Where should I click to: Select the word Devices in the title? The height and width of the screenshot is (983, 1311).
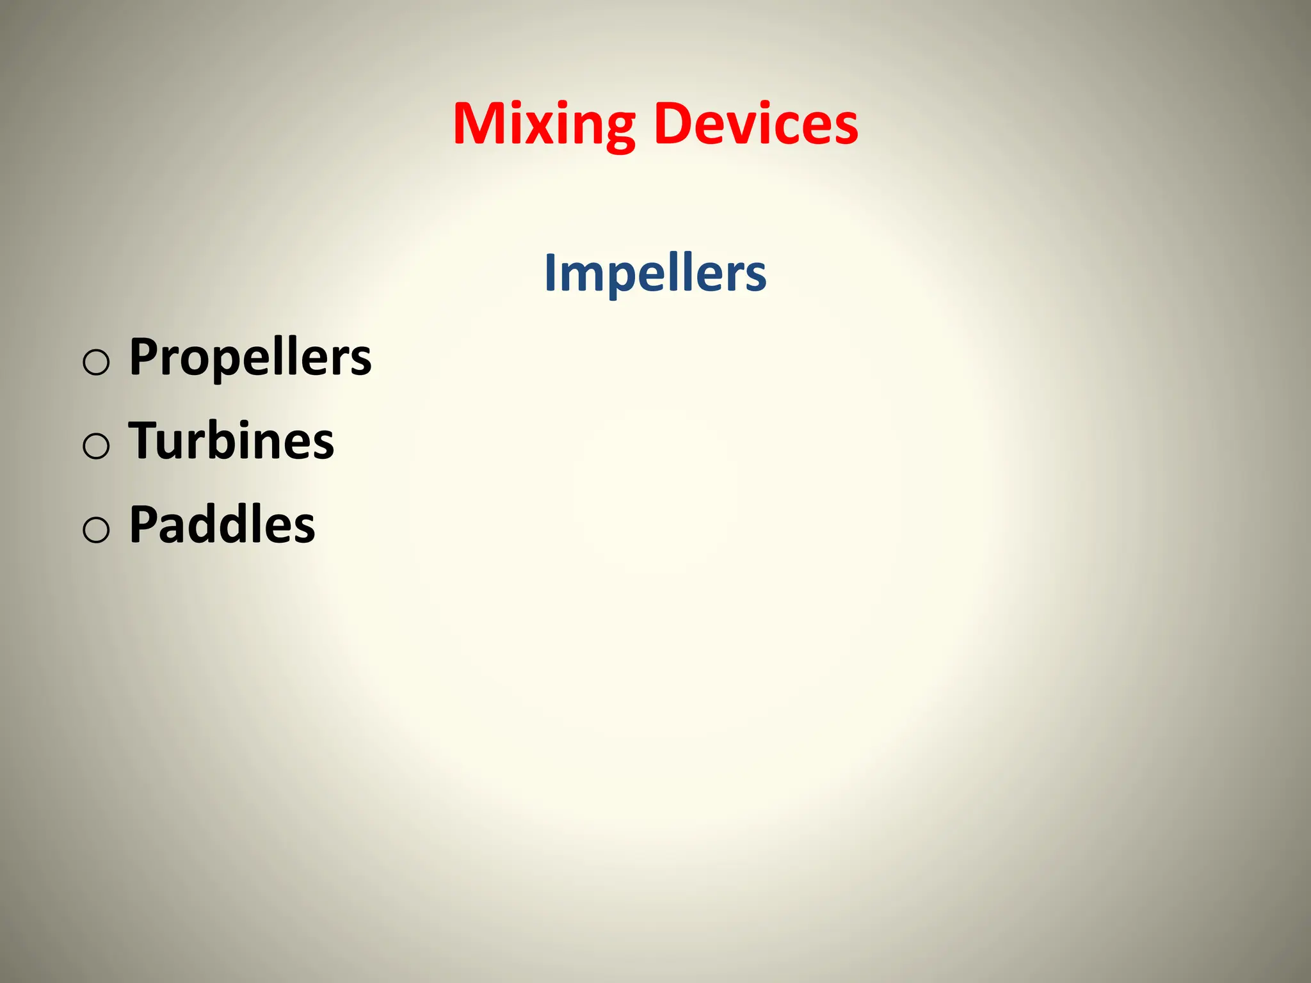(x=755, y=125)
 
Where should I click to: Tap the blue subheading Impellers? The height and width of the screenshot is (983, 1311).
(x=655, y=273)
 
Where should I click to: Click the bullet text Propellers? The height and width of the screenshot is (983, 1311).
(x=250, y=357)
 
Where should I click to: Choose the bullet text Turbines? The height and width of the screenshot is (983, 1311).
(x=231, y=441)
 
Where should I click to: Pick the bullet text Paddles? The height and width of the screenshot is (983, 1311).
(x=222, y=525)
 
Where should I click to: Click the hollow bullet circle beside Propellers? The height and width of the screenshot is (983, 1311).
(x=96, y=362)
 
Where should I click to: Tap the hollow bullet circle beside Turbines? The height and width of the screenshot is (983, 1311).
(x=96, y=446)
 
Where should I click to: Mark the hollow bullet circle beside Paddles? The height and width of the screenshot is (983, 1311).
(x=96, y=530)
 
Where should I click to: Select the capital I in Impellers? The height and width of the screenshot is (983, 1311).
(x=550, y=273)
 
